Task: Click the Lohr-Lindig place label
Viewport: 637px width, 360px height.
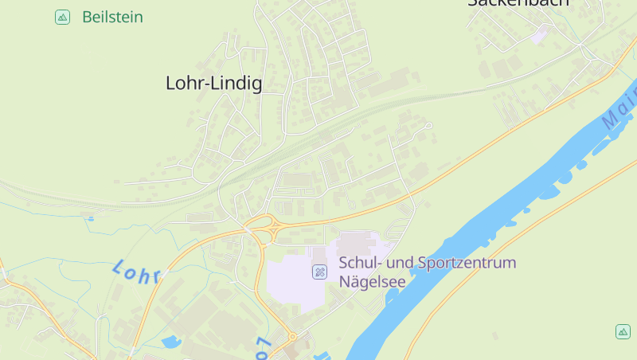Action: pos(213,83)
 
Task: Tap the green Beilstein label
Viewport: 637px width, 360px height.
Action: pos(112,17)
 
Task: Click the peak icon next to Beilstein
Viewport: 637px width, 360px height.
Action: pos(62,17)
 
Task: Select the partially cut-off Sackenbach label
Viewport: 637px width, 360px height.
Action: pos(518,3)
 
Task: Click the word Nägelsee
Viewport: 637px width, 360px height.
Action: pos(372,281)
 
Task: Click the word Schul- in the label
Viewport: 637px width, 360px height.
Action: pos(358,263)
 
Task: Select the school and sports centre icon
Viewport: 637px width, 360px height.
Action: pos(319,272)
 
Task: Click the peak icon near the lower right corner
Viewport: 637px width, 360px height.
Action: pos(623,331)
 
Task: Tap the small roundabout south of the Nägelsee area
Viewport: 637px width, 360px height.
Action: pos(292,337)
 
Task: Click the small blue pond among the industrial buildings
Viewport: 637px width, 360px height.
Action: pos(170,343)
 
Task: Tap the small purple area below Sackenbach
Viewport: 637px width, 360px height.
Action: pos(540,34)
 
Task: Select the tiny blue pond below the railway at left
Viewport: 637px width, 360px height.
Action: pos(90,217)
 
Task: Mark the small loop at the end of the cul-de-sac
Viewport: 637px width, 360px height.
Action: pos(428,125)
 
